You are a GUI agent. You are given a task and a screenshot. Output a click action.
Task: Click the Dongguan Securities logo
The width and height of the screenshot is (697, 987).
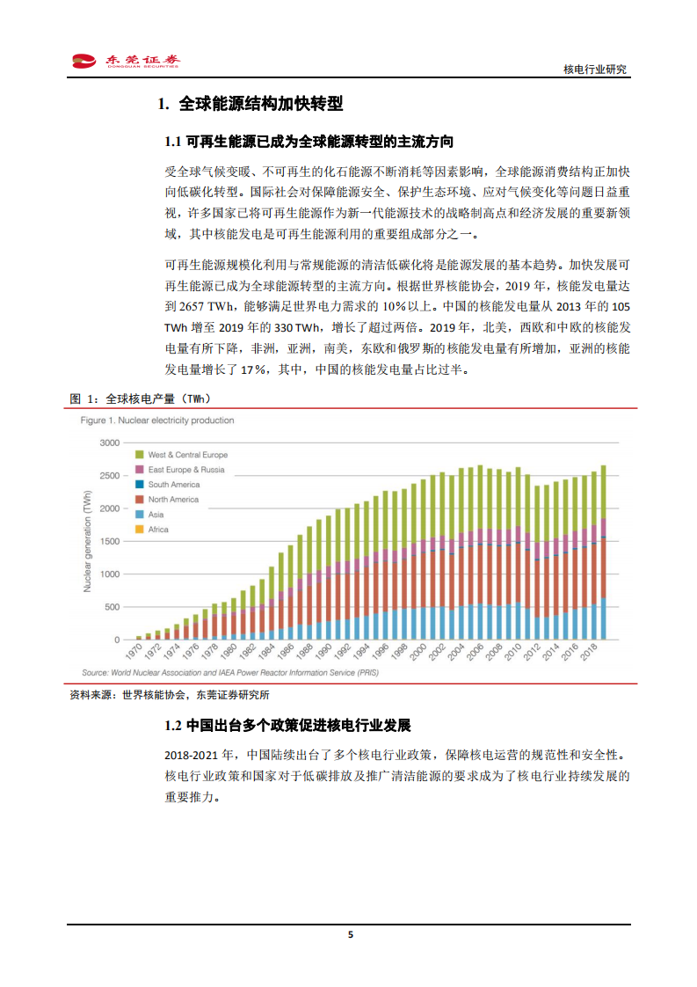click(126, 61)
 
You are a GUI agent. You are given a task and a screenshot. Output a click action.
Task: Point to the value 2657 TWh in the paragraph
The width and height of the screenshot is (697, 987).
click(208, 306)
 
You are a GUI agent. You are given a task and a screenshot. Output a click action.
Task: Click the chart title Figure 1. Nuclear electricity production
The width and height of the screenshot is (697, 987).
click(157, 420)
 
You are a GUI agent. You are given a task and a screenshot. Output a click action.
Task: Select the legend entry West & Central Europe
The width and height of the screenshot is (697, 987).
click(187, 455)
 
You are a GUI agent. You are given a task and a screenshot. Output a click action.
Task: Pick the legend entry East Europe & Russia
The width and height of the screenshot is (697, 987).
click(185, 470)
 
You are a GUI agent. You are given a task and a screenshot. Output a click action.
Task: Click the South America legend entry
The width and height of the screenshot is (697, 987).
click(173, 485)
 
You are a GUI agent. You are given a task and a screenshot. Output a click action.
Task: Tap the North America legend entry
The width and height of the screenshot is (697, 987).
click(173, 500)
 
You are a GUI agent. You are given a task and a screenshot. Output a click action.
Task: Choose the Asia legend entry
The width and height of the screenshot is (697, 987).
click(156, 515)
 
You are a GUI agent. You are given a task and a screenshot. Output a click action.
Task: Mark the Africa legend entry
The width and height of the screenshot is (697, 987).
click(158, 530)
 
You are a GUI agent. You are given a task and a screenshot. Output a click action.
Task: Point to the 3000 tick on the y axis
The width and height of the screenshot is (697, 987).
click(108, 443)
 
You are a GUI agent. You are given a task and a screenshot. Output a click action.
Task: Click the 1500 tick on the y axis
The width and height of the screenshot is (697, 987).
click(108, 542)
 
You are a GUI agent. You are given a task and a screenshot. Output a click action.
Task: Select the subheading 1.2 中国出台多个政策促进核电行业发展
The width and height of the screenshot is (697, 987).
click(287, 727)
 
